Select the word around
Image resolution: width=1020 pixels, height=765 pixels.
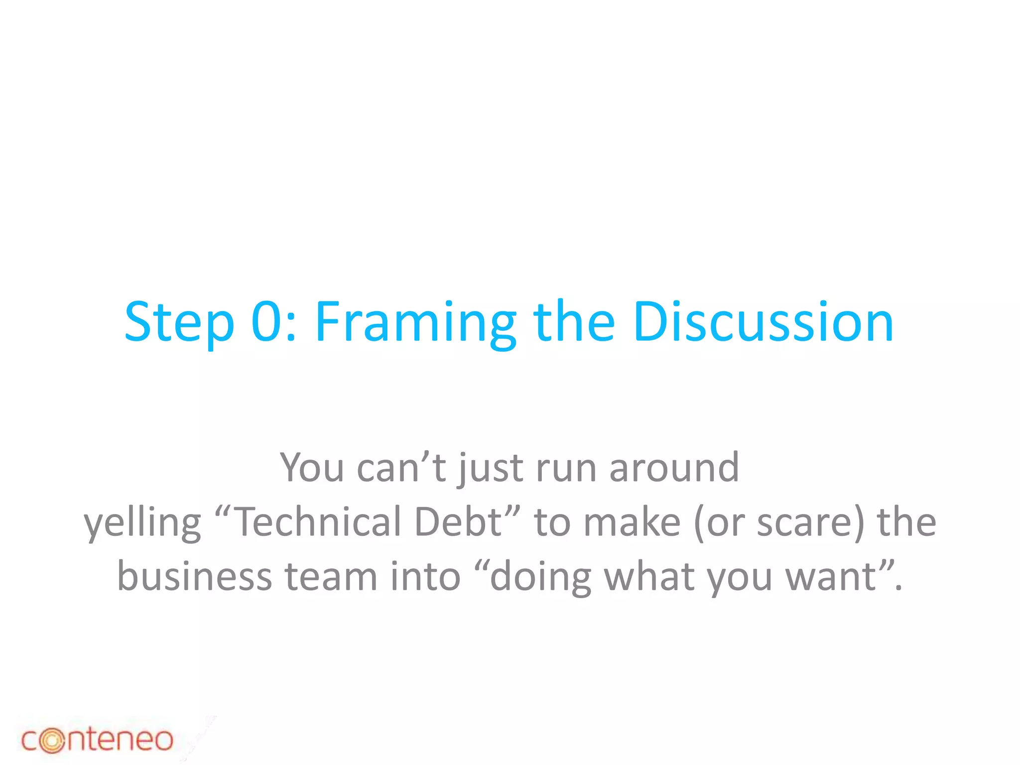(x=674, y=468)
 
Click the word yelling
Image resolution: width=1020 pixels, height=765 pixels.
(x=142, y=523)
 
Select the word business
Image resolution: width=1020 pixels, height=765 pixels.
(x=194, y=576)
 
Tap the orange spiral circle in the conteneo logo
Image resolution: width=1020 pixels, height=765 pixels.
(x=52, y=741)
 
